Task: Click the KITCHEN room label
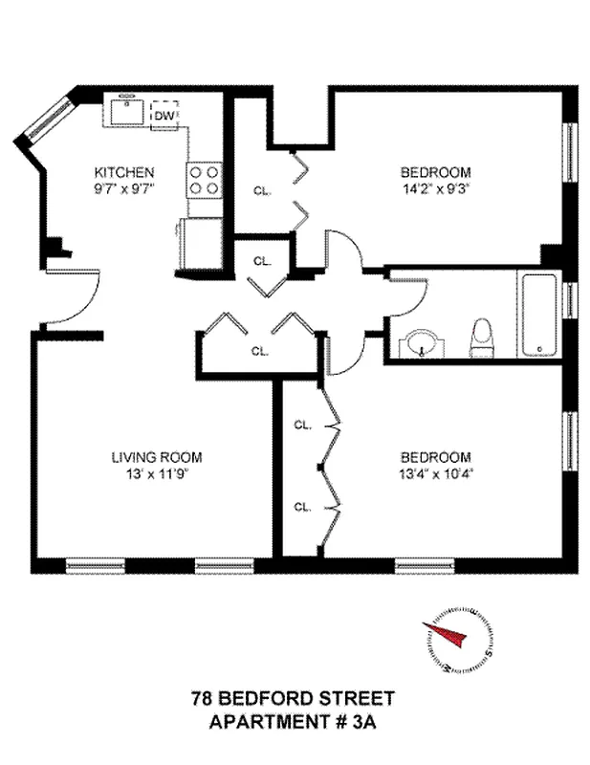coord(123,172)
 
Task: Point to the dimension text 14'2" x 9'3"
coord(435,188)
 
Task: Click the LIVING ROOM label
coord(156,457)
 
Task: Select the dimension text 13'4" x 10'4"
coord(435,472)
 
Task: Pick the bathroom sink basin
coord(421,342)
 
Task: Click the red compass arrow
coord(448,635)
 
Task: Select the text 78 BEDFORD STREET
coord(293,701)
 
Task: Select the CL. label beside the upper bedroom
coord(262,190)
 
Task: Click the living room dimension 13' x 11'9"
coord(156,472)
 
